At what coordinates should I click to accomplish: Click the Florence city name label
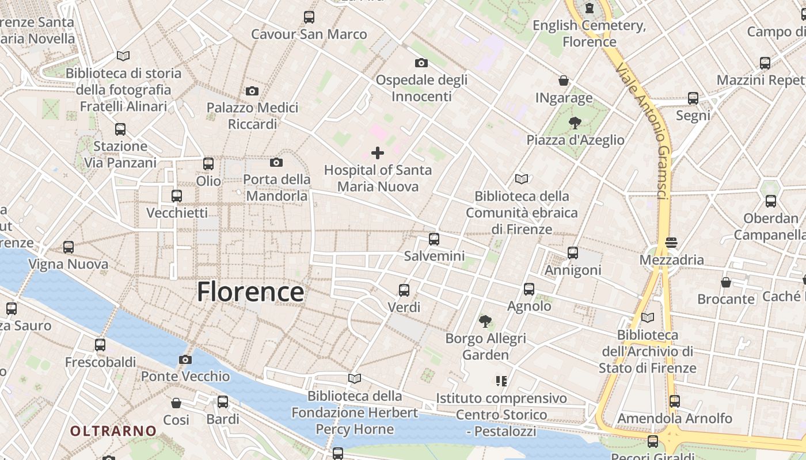tap(250, 292)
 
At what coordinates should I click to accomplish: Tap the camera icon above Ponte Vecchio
tap(185, 359)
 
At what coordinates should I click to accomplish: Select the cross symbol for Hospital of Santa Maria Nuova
tap(378, 153)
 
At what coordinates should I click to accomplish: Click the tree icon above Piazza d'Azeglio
tap(575, 122)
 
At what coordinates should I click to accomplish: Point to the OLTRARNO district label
tap(113, 431)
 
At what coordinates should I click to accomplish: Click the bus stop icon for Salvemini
tap(434, 239)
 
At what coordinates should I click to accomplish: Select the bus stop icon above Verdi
tap(404, 290)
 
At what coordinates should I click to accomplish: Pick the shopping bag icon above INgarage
tap(564, 80)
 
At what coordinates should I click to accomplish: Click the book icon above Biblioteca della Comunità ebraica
tap(522, 179)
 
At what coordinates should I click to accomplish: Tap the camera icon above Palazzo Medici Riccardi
tap(252, 91)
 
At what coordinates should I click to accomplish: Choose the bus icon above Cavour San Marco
tap(309, 17)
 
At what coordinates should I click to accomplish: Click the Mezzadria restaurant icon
tap(671, 243)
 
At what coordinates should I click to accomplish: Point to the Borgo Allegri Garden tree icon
tap(485, 321)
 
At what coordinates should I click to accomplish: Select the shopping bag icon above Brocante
tap(726, 282)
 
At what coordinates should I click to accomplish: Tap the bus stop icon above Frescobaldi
tap(100, 345)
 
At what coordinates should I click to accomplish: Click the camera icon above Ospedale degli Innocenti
tap(421, 63)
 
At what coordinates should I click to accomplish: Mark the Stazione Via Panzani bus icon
tap(120, 129)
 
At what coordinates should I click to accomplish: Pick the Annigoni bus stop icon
tap(573, 252)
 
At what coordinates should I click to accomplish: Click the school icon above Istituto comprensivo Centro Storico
tap(501, 381)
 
